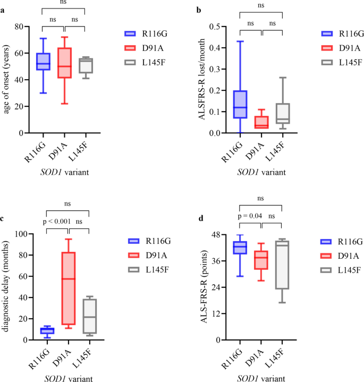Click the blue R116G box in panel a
pos(43,62)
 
